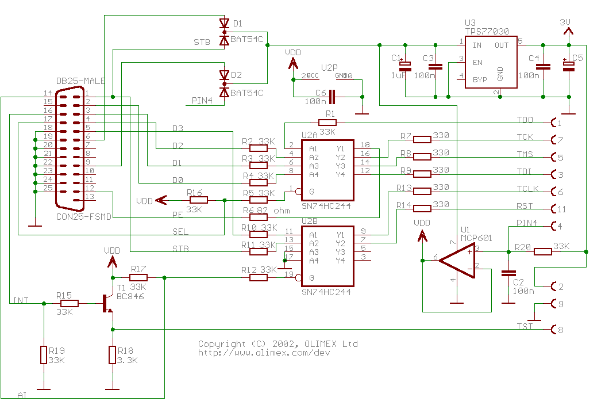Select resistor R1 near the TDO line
(327, 123)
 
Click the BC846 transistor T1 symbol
(107, 303)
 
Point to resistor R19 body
(44, 355)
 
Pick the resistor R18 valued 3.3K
(113, 355)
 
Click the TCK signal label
(525, 138)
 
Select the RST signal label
(525, 207)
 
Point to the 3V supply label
(565, 22)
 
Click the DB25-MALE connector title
(80, 81)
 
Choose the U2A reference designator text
(310, 135)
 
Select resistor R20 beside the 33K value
(543, 251)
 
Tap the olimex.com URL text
(264, 352)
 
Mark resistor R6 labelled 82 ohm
(259, 217)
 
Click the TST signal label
(525, 327)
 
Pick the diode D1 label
(237, 24)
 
